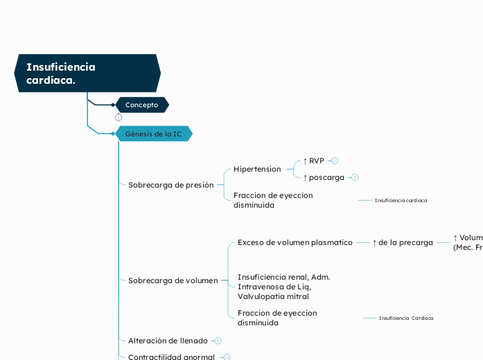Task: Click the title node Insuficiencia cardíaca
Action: (x=87, y=73)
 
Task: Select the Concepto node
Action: (x=142, y=105)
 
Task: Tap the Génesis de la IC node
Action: (x=153, y=134)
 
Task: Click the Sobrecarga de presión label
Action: (x=170, y=185)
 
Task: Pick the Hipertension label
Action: (x=257, y=169)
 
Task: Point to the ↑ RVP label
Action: (x=314, y=161)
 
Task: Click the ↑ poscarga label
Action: (x=324, y=177)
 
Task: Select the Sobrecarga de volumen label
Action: (x=173, y=280)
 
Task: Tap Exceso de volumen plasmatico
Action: (x=295, y=242)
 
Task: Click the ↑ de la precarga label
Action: (x=403, y=242)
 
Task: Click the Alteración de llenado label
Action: (x=168, y=341)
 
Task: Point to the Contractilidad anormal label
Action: (x=172, y=357)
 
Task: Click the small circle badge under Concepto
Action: (x=118, y=117)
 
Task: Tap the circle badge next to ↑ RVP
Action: (x=335, y=161)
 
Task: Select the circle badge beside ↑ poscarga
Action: (x=355, y=177)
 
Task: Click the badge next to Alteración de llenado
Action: (x=218, y=341)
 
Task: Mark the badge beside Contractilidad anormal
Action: (x=227, y=357)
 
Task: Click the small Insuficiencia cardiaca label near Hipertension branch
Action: (x=401, y=200)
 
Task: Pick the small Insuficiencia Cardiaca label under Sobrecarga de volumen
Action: (x=405, y=318)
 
